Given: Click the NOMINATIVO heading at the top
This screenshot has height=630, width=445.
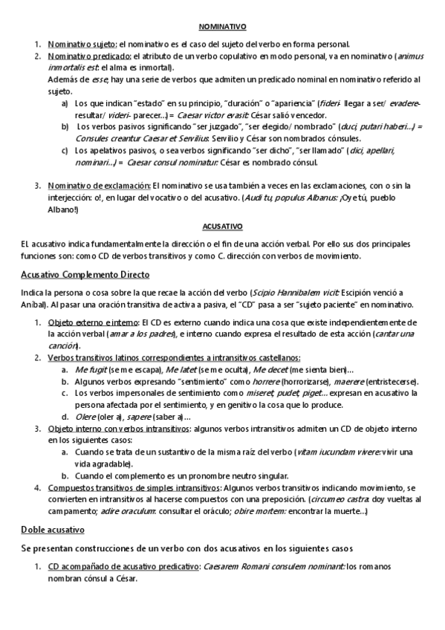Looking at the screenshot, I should click(x=221, y=26).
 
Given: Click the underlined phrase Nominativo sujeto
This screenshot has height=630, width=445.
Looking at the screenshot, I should click(x=82, y=44).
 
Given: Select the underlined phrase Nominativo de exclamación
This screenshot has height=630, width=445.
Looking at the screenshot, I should click(x=99, y=184).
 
